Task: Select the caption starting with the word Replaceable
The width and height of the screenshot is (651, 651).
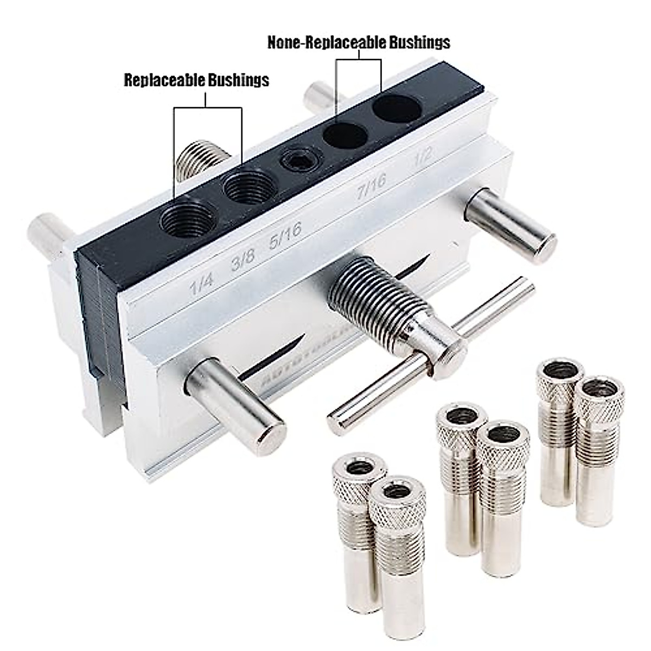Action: pos(196,80)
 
